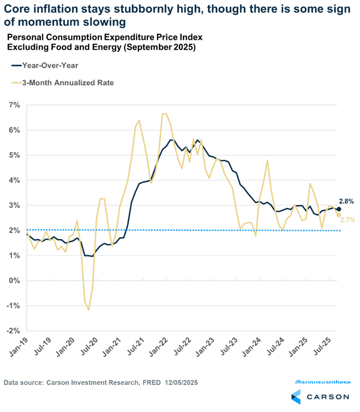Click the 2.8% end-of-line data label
pyautogui.click(x=346, y=201)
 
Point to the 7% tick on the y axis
pyautogui.click(x=13, y=105)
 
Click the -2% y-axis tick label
pyautogui.click(x=12, y=331)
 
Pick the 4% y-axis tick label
pyautogui.click(x=13, y=180)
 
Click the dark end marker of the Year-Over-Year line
pyautogui.click(x=338, y=209)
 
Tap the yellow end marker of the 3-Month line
pyautogui.click(x=338, y=215)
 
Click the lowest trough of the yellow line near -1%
pyautogui.click(x=89, y=310)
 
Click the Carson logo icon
pyautogui.click(x=296, y=397)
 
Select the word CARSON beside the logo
pyautogui.click(x=327, y=397)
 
